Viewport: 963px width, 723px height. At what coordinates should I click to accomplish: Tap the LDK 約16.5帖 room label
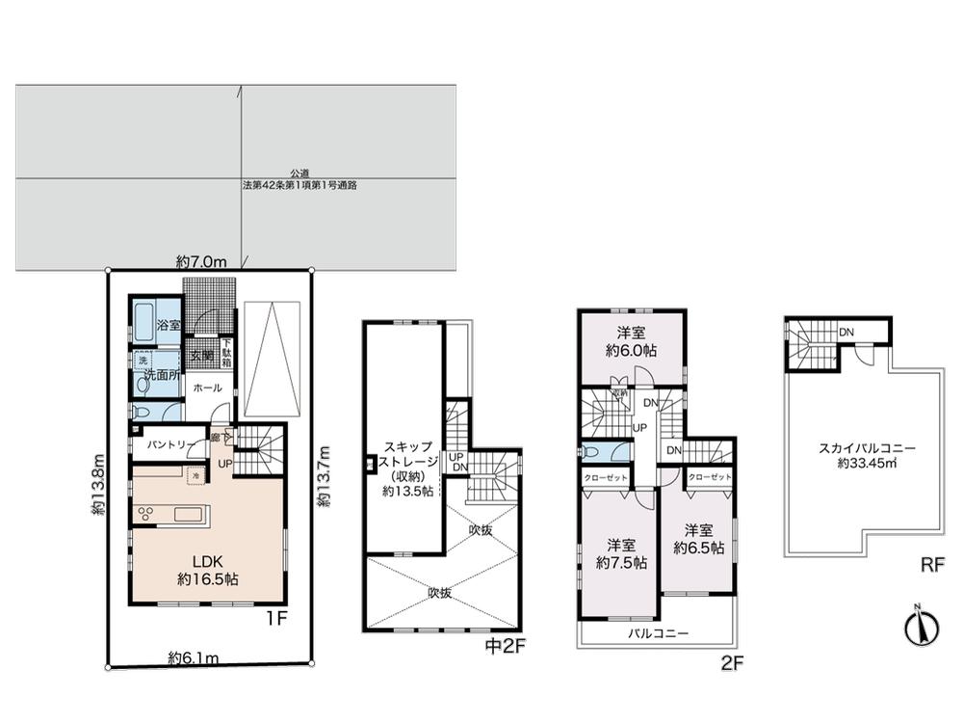tap(208, 570)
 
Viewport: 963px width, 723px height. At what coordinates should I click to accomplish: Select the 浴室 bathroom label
tap(169, 326)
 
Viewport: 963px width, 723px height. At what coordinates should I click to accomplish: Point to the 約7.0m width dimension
tap(201, 261)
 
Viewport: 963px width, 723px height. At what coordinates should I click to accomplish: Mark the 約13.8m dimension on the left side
tap(98, 486)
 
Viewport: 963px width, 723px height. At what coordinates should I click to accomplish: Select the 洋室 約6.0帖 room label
tap(631, 343)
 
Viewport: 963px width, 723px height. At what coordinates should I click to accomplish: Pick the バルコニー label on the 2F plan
tap(657, 633)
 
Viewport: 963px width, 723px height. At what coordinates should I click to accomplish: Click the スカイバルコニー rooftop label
tap(867, 455)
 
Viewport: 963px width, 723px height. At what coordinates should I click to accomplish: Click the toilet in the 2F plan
tap(592, 451)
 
